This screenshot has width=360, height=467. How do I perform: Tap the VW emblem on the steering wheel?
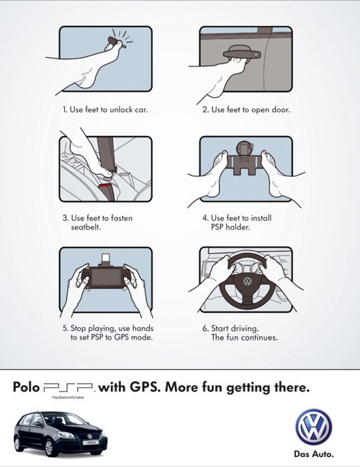click(246, 281)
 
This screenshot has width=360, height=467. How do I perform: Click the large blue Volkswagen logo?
click(314, 427)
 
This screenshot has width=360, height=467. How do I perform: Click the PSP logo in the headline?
click(69, 388)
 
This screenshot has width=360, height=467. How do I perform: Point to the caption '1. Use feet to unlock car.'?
click(104, 110)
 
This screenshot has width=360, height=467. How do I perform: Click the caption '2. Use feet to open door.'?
click(245, 110)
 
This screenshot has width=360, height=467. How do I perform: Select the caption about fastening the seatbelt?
click(97, 222)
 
